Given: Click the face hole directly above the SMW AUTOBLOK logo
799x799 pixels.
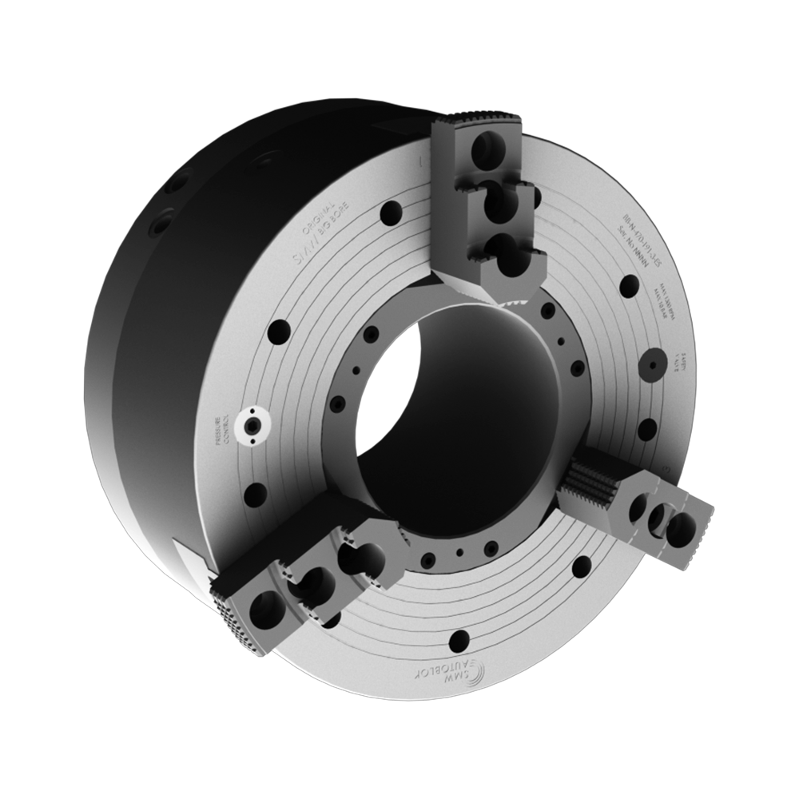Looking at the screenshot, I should coord(459,639).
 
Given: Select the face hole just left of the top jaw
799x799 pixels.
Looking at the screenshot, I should coord(392,213).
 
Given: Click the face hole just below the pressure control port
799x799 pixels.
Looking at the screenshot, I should coord(255,493).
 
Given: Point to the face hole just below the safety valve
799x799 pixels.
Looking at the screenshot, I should coord(647,428).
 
